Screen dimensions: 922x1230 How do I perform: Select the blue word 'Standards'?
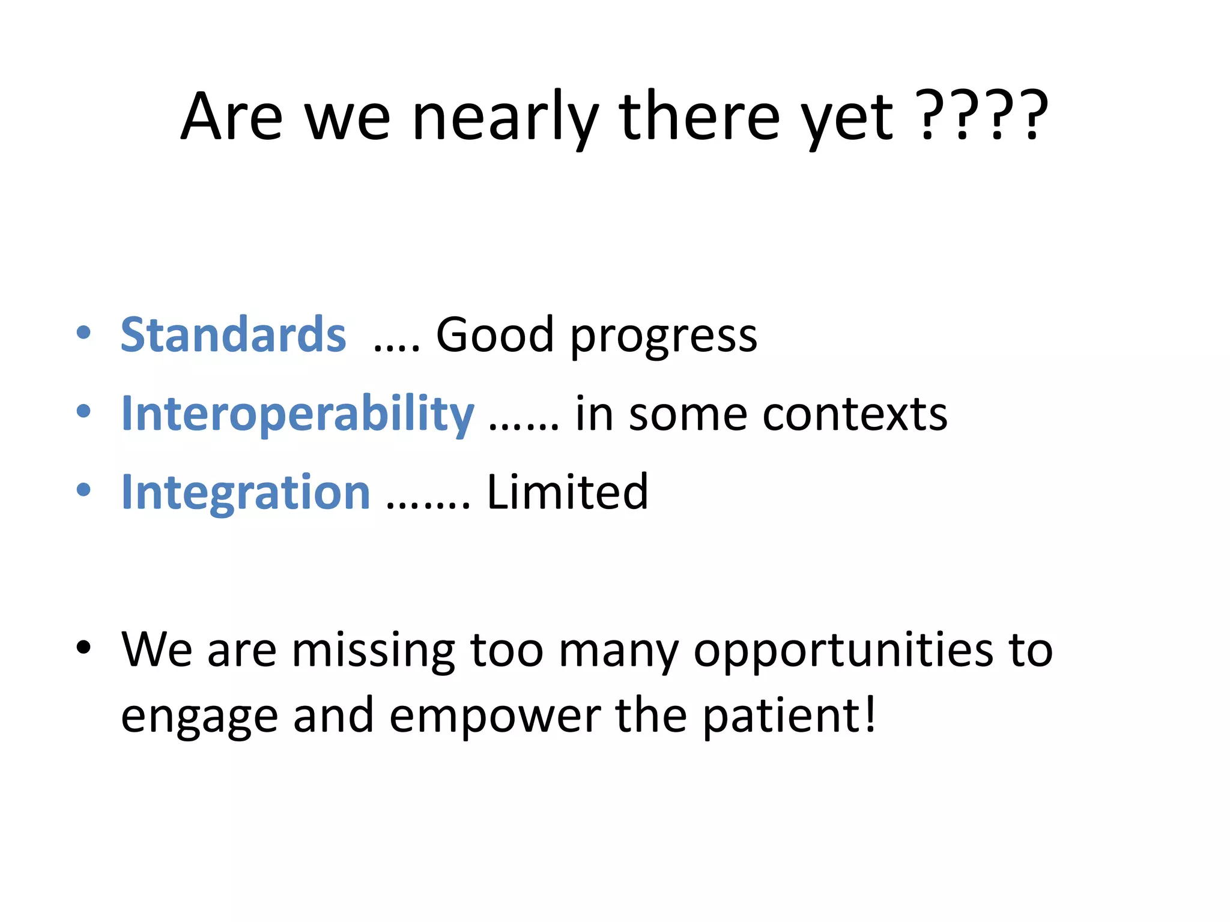coord(233,335)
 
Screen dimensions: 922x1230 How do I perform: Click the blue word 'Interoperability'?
coord(297,414)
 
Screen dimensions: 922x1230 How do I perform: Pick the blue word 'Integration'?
coord(246,492)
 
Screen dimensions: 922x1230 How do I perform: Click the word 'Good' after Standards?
coord(494,335)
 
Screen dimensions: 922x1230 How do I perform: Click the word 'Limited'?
coord(567,492)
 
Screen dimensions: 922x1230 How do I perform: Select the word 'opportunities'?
coord(843,651)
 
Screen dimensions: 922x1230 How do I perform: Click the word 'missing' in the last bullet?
coord(373,651)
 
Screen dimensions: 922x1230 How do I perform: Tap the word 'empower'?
coord(495,717)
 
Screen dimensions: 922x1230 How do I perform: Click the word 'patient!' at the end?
coord(789,717)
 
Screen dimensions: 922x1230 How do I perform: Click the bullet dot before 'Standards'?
coord(84,333)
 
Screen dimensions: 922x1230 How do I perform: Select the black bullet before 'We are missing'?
coord(84,647)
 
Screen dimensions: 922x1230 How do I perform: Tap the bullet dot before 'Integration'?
coord(84,490)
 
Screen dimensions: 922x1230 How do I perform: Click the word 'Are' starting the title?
coord(232,117)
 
